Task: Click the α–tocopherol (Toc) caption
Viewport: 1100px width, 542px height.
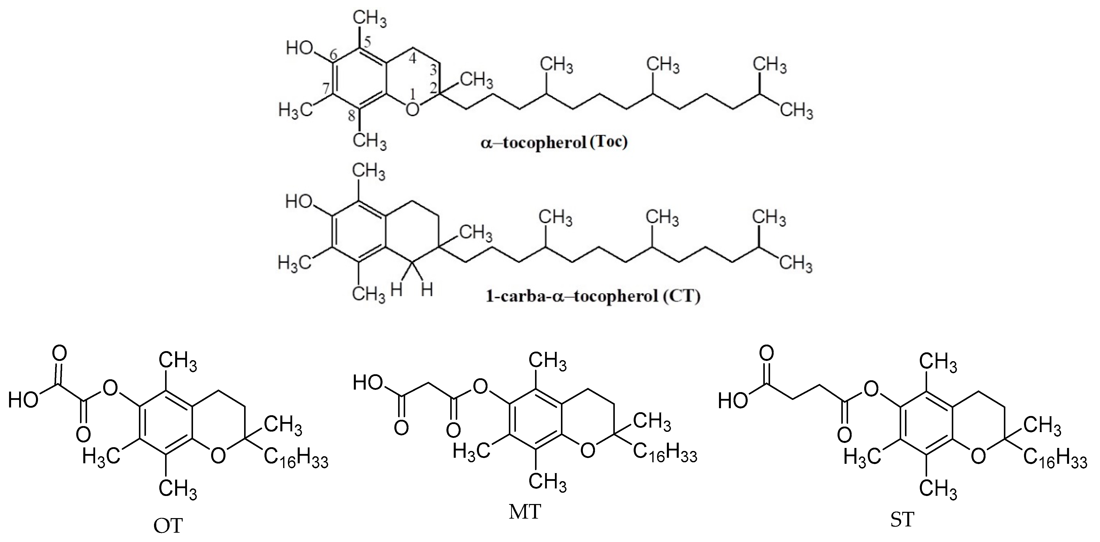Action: tap(554, 143)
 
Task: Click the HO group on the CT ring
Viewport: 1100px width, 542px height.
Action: tap(299, 201)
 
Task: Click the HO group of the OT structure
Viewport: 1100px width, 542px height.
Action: tap(23, 401)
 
